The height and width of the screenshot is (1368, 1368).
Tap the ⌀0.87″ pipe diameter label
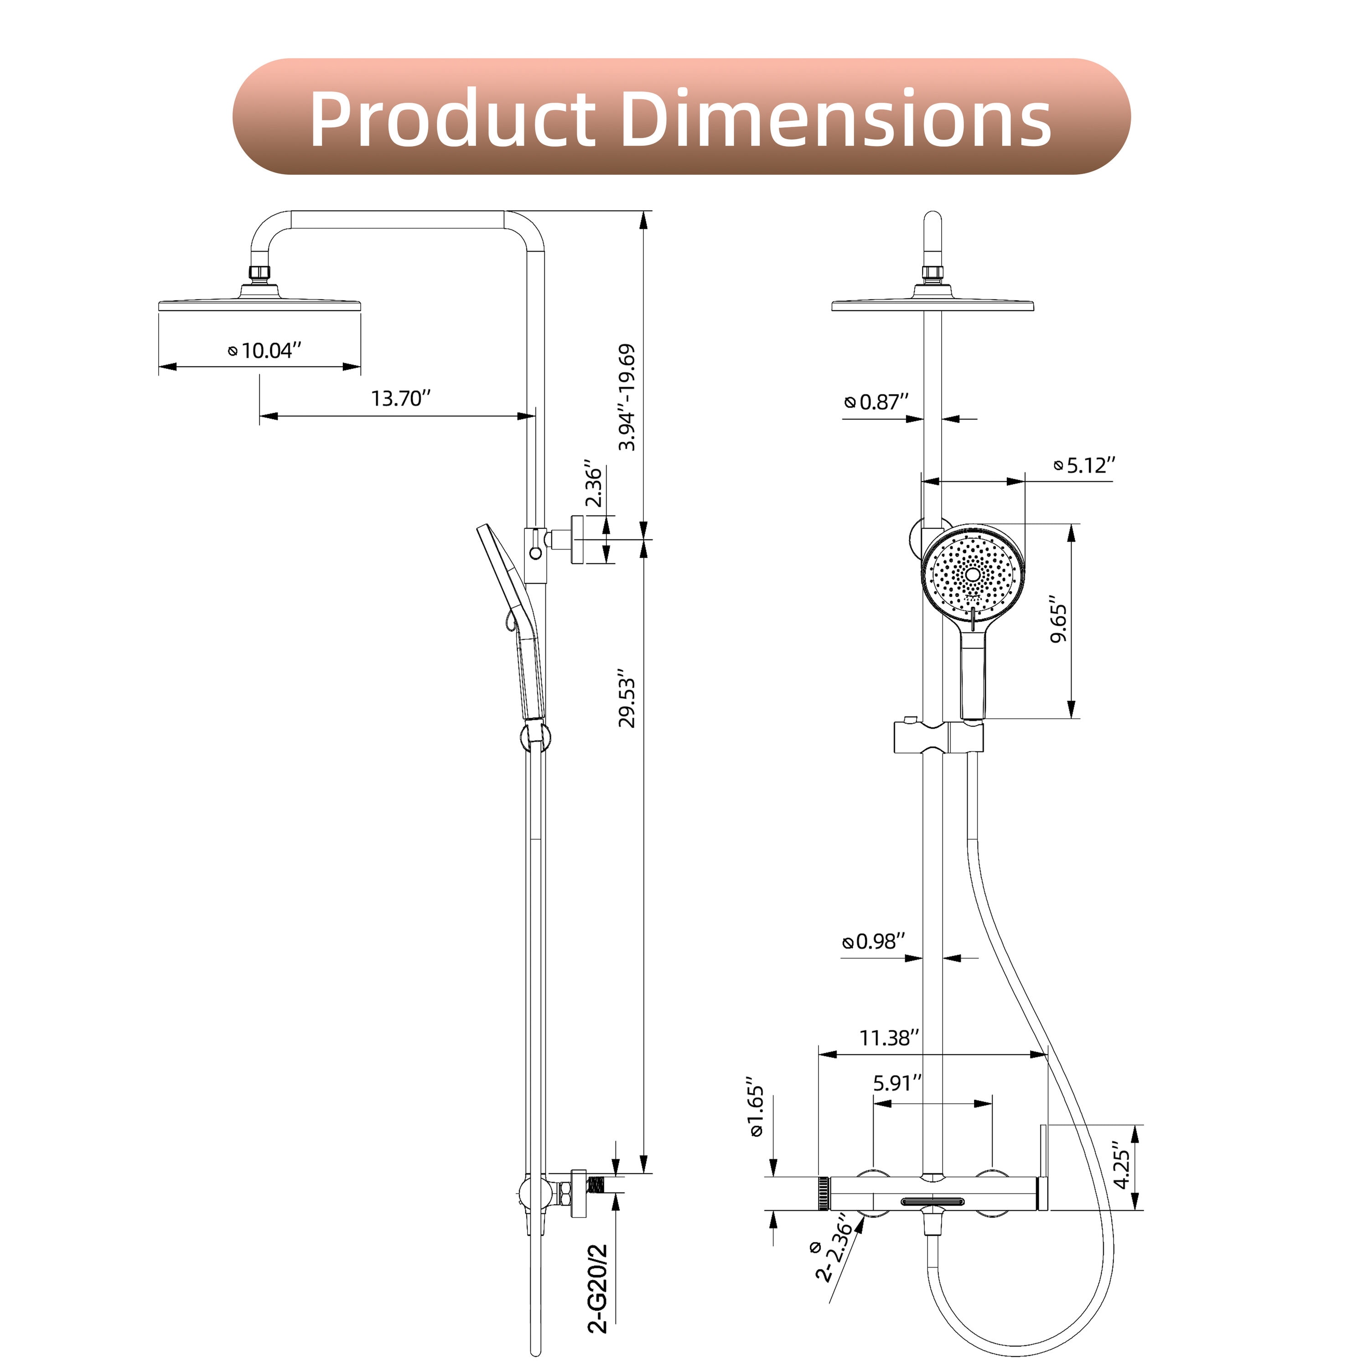coord(876,402)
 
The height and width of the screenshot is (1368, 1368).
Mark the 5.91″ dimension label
coord(897,1083)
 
